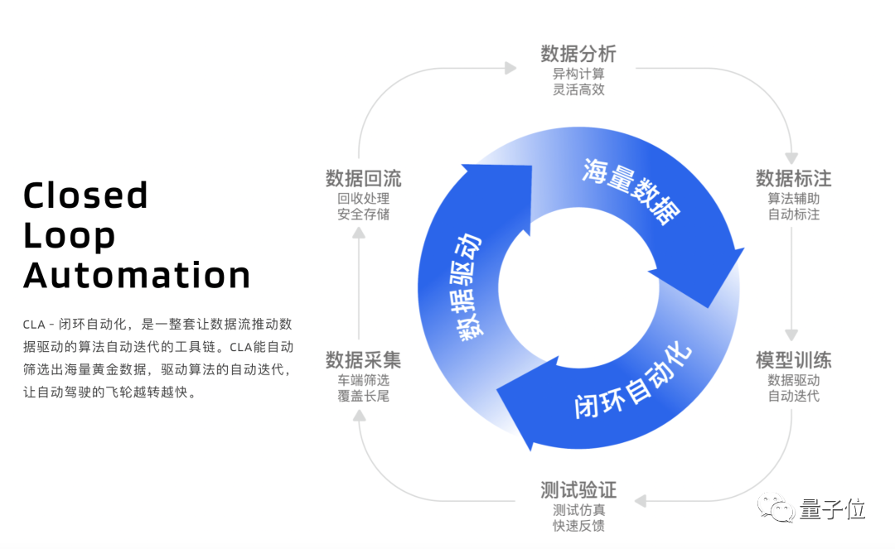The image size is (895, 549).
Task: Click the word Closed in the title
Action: [x=85, y=195]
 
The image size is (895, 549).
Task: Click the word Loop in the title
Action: [x=70, y=236]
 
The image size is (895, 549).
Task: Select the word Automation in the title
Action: [x=137, y=275]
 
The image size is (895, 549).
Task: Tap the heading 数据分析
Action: [x=578, y=55]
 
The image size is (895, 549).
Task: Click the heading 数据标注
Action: [x=793, y=178]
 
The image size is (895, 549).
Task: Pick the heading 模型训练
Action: [x=793, y=360]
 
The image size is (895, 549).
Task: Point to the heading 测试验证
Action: [x=578, y=489]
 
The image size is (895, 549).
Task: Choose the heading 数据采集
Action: [x=363, y=360]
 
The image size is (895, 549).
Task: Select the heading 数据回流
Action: [x=363, y=178]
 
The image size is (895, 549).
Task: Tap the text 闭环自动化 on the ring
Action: [x=634, y=380]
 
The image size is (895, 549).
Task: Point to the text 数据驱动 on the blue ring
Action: [x=468, y=286]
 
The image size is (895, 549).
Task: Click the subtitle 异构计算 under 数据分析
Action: [x=578, y=74]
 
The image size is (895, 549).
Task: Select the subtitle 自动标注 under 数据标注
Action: [x=793, y=214]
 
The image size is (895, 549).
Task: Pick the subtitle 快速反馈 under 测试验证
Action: [x=578, y=526]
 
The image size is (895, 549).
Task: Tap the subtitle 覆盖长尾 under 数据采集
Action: [x=363, y=397]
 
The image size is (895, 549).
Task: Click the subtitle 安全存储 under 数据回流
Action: [x=363, y=214]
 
